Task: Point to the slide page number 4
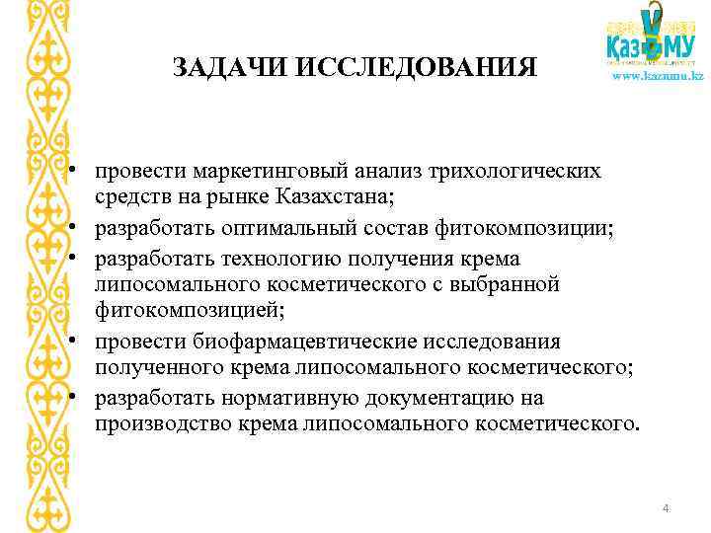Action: point(667,508)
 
